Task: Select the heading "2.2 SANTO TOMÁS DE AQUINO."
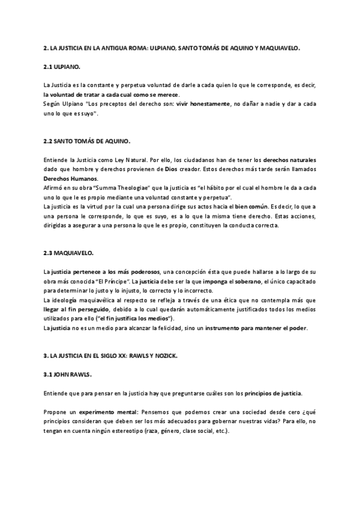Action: [87, 141]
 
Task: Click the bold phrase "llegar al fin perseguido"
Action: [74, 309]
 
